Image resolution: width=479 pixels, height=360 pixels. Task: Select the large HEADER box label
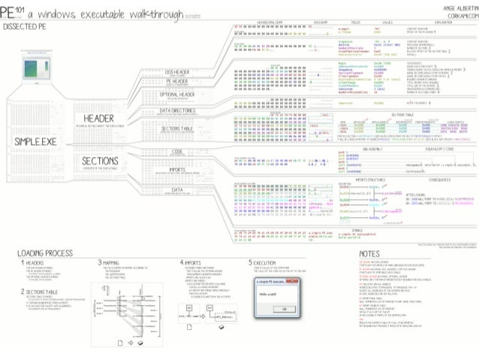click(99, 117)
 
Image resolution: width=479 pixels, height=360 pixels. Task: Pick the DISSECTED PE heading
click(24, 26)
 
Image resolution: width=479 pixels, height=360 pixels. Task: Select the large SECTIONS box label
click(101, 159)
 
